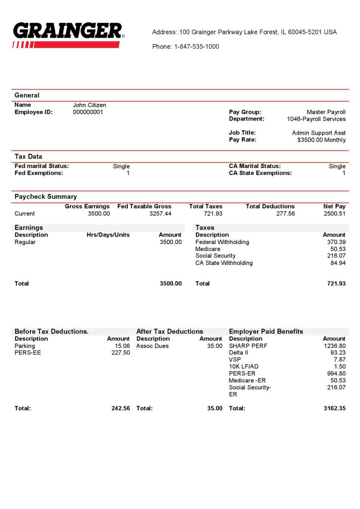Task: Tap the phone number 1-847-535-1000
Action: (196, 47)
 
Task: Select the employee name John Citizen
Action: (90, 105)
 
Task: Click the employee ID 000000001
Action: (88, 112)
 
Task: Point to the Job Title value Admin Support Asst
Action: (318, 133)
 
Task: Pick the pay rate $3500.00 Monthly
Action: (321, 140)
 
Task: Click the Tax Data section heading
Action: (28, 157)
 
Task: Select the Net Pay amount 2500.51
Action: (334, 214)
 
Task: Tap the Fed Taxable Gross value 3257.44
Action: (160, 214)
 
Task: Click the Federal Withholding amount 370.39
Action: (334, 242)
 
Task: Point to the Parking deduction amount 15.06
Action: (122, 346)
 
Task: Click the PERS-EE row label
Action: (24, 353)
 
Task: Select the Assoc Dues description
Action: (152, 346)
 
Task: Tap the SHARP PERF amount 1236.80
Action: (334, 346)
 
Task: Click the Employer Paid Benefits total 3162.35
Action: (334, 409)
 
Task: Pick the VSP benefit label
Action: (235, 360)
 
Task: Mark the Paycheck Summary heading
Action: (46, 196)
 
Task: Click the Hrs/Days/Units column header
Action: (108, 235)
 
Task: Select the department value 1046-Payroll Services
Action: (316, 119)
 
